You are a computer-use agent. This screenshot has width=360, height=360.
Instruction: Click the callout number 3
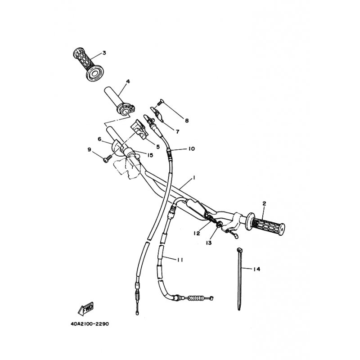(104, 53)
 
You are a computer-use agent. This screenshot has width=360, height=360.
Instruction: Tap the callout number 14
(256, 269)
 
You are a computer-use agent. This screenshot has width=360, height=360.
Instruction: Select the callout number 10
(191, 149)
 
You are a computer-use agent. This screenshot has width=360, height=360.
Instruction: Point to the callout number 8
(187, 121)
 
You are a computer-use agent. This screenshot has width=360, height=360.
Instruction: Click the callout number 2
(264, 203)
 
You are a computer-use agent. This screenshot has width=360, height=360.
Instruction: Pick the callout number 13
(208, 243)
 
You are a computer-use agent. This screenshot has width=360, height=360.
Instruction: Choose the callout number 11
(180, 260)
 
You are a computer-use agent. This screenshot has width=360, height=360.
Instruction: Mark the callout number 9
(89, 150)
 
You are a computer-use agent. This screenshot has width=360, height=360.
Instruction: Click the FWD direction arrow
(86, 309)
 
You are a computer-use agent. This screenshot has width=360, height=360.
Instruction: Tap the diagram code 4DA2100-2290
(90, 324)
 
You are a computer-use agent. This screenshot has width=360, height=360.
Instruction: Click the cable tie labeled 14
(239, 279)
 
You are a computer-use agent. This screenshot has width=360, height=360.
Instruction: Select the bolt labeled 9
(107, 159)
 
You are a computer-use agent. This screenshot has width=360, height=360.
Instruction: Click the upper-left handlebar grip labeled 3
(88, 64)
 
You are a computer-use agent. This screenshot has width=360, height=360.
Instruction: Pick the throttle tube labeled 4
(119, 100)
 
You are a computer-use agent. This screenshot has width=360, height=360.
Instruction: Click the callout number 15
(150, 155)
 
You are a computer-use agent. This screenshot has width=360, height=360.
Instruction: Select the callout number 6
(99, 139)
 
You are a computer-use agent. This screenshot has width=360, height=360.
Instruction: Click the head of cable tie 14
(239, 250)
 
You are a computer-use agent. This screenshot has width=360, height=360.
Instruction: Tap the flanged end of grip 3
(94, 73)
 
